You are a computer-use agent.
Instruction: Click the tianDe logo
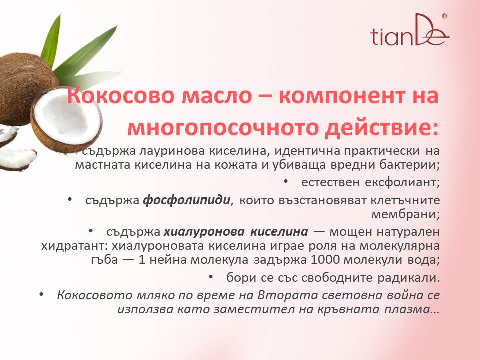click(x=410, y=30)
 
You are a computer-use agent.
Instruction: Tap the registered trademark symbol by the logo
click(x=444, y=16)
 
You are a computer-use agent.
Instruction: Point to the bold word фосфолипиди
click(x=186, y=200)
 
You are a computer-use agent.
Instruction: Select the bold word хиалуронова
click(x=204, y=232)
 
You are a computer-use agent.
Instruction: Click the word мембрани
click(x=405, y=214)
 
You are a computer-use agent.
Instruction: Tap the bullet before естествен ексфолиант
click(x=286, y=181)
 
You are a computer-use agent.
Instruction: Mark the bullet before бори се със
click(x=211, y=276)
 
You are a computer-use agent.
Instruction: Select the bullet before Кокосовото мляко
click(x=42, y=294)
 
